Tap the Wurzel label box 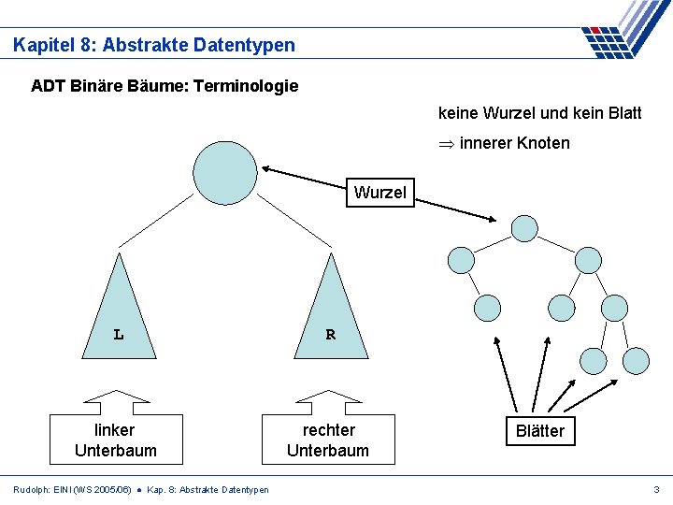pyautogui.click(x=379, y=193)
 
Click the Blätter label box pyautogui.click(x=540, y=430)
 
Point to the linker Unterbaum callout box pyautogui.click(x=115, y=439)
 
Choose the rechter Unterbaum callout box pyautogui.click(x=328, y=439)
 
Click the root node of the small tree pyautogui.click(x=524, y=228)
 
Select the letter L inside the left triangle pyautogui.click(x=119, y=334)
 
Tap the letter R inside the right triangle pyautogui.click(x=330, y=334)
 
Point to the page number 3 pyautogui.click(x=656, y=489)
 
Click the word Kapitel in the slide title pyautogui.click(x=43, y=44)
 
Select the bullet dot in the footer pyautogui.click(x=139, y=489)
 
